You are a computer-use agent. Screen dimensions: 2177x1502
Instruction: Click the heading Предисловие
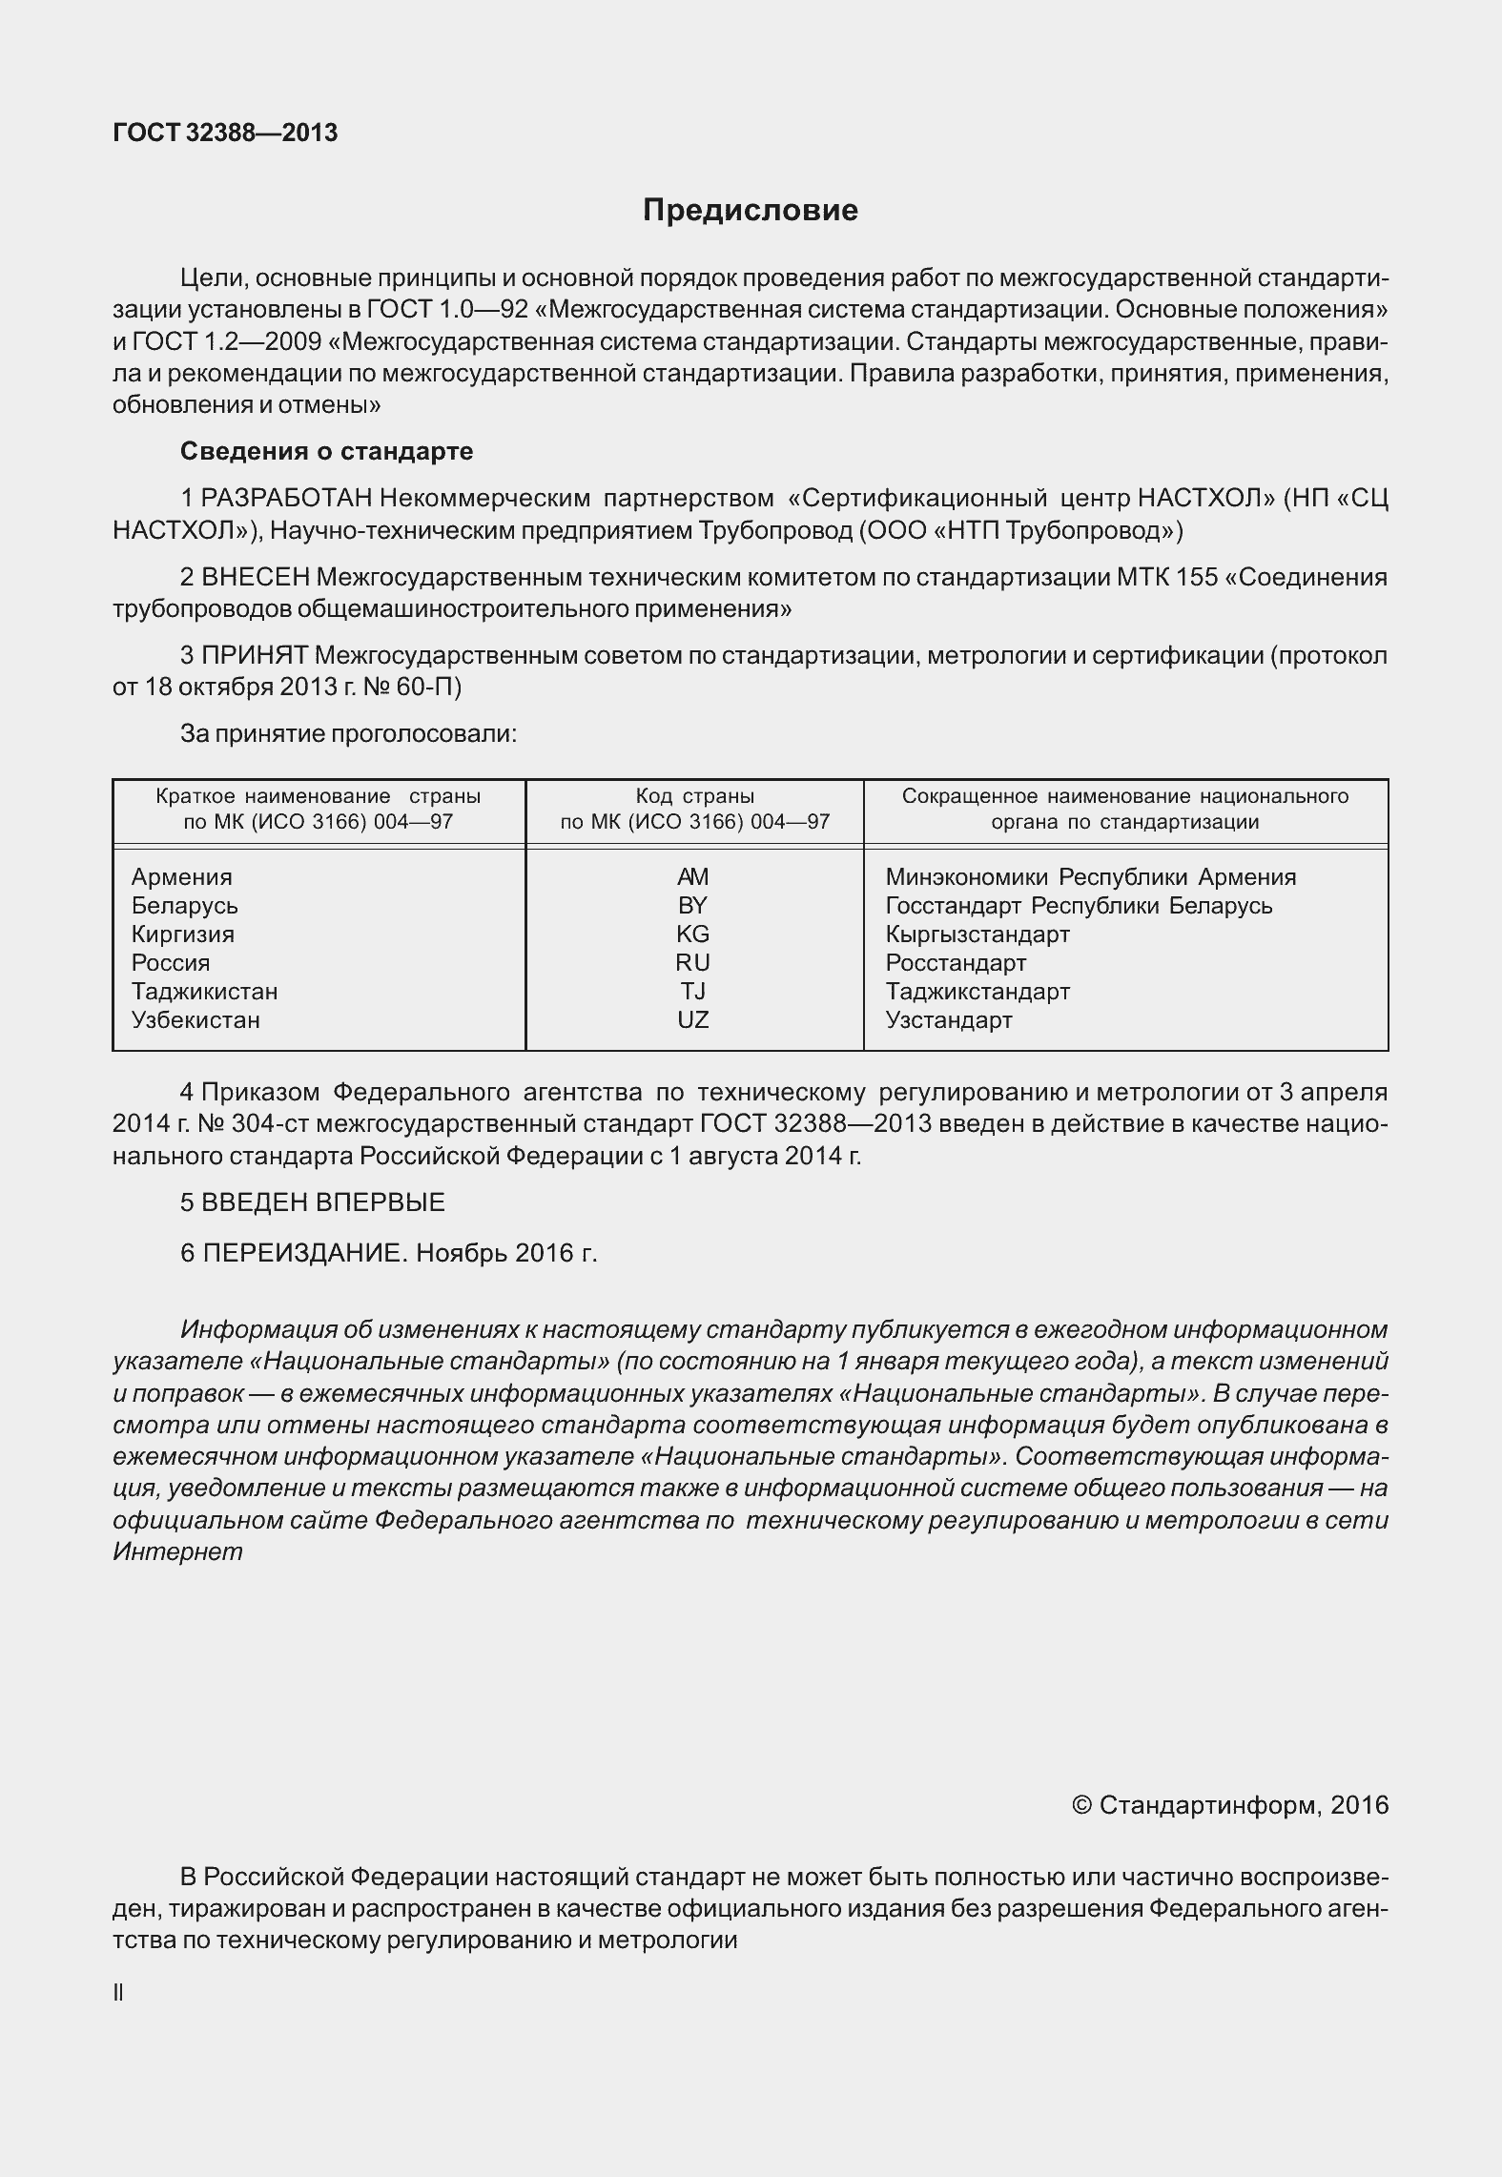pos(750,210)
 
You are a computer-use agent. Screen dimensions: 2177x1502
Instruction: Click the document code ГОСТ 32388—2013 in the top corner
pos(225,133)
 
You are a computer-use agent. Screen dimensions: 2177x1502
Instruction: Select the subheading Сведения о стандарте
pos(326,451)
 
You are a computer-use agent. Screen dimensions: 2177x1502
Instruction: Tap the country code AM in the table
pos(693,877)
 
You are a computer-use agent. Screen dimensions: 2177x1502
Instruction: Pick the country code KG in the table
pos(693,934)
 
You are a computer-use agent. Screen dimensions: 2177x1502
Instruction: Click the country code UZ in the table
pos(693,1020)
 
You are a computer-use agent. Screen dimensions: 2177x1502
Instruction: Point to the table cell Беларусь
pos(185,906)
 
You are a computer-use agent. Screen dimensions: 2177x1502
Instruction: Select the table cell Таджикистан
pos(205,992)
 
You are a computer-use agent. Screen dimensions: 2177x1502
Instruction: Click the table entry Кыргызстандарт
pos(977,934)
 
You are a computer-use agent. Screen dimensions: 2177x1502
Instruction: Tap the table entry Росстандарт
pos(956,963)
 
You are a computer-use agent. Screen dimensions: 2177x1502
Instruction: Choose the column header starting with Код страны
pos(694,809)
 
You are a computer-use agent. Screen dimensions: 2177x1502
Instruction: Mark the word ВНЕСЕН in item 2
pos(256,577)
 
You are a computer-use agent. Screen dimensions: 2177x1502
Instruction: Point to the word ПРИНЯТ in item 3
pos(255,656)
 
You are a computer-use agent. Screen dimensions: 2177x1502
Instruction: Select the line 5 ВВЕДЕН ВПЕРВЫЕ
pos(313,1202)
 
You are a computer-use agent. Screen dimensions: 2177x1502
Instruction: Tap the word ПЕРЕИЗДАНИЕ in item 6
pos(304,1253)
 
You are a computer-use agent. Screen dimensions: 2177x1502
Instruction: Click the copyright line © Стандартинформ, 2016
pos(1230,1805)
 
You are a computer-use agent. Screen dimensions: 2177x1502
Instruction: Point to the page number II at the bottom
pos(118,1992)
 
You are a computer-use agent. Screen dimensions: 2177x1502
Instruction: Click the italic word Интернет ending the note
pos(177,1551)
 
